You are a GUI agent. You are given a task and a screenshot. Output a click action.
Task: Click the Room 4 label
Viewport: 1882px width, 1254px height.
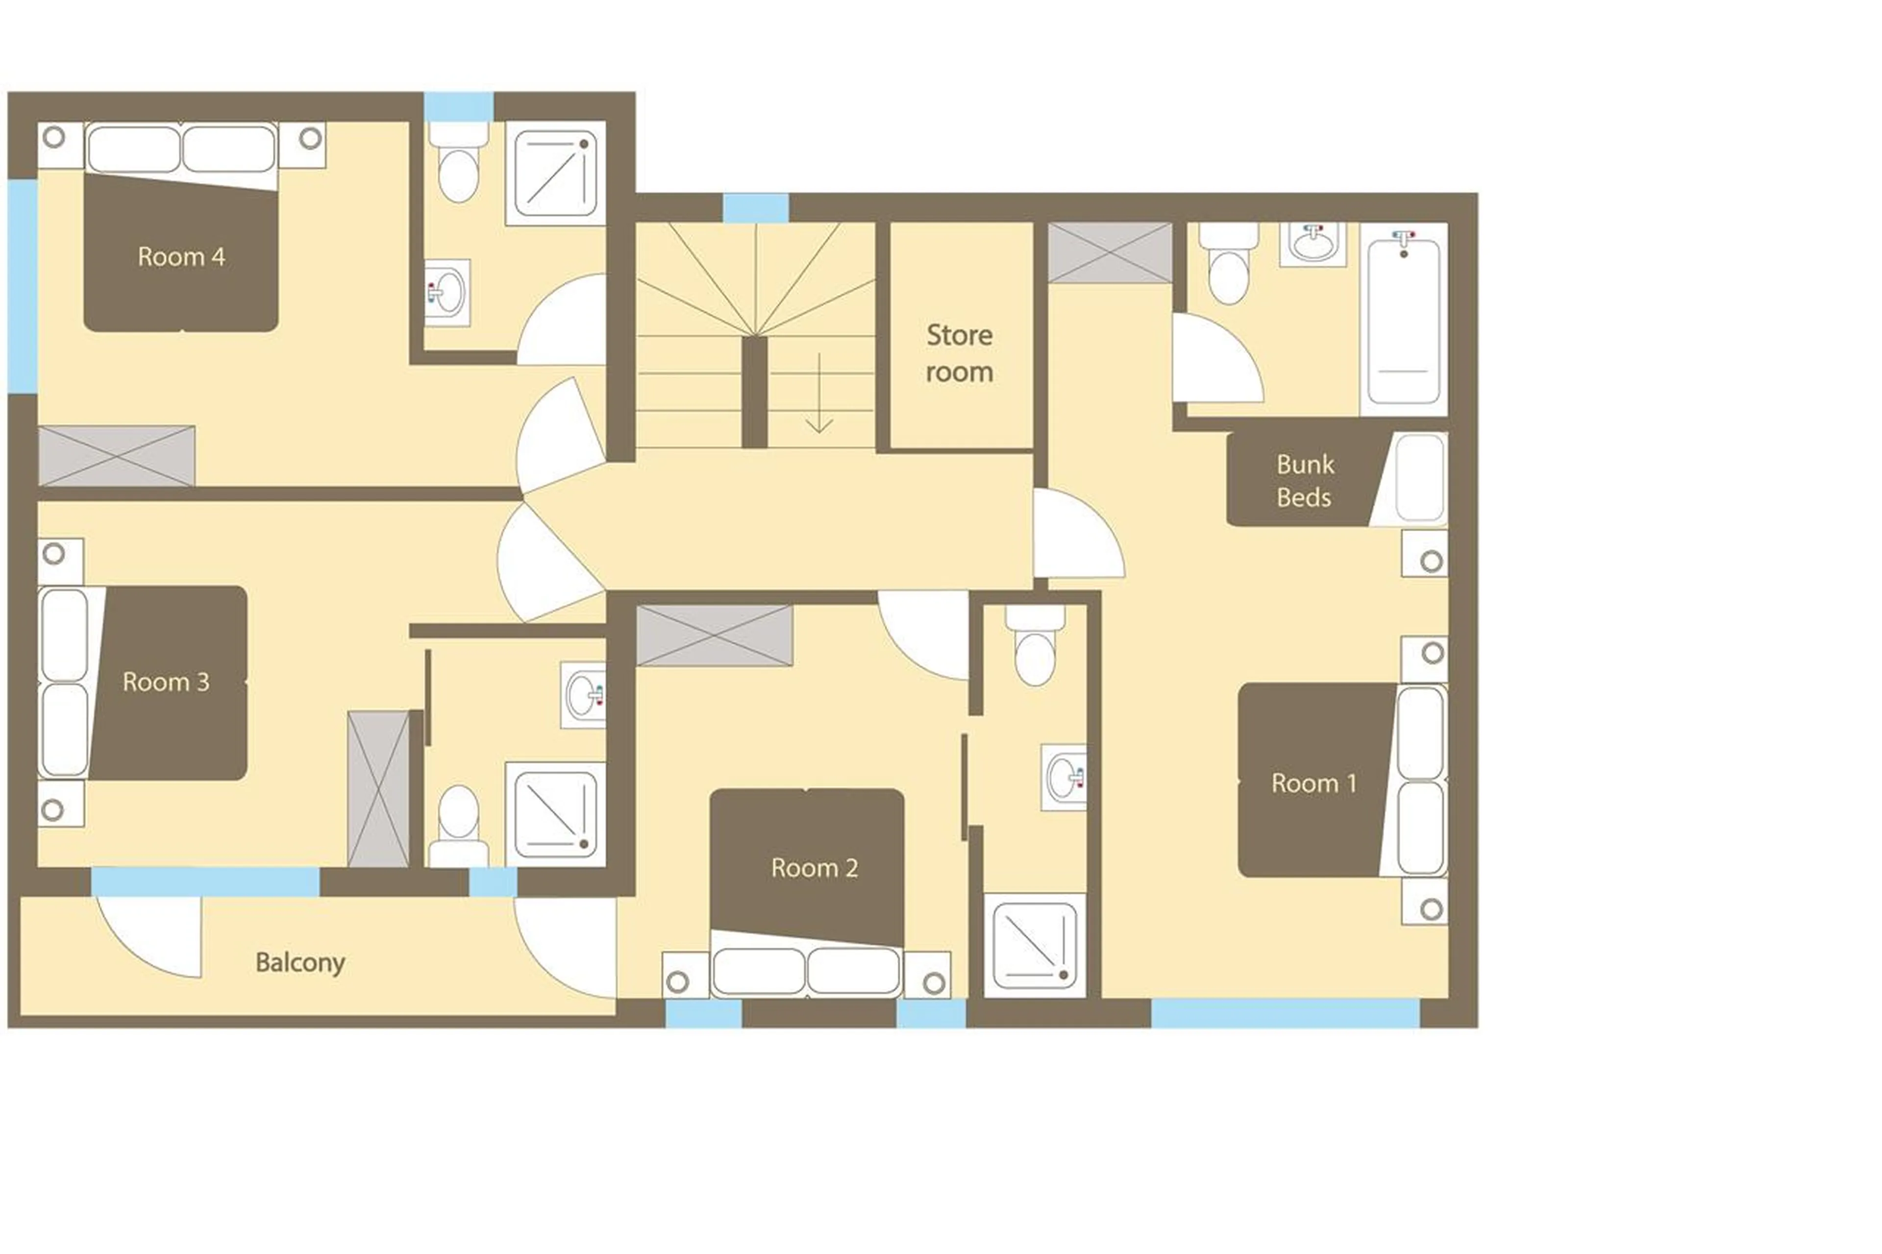coord(181,257)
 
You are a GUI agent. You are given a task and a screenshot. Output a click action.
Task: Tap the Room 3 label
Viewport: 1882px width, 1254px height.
coord(166,682)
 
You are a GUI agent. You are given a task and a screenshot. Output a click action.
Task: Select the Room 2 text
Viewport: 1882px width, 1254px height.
coord(814,868)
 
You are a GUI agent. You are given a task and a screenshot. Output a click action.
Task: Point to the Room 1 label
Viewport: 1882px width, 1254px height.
coord(1313,783)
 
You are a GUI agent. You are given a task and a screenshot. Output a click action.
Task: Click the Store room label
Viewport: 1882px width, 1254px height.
coord(959,353)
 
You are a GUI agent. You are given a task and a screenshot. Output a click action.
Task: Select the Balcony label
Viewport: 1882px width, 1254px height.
coord(300,962)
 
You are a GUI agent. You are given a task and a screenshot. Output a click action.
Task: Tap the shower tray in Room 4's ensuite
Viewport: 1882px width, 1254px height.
coord(555,173)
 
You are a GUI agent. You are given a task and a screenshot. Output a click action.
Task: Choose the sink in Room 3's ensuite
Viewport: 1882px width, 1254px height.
coord(583,694)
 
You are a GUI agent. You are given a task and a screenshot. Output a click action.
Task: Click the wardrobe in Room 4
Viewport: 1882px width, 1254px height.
coord(116,456)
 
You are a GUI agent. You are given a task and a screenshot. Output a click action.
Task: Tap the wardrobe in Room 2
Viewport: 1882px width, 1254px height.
coord(714,636)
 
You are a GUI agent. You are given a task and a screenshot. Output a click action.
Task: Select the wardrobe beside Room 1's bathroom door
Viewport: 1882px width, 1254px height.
coord(1110,253)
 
